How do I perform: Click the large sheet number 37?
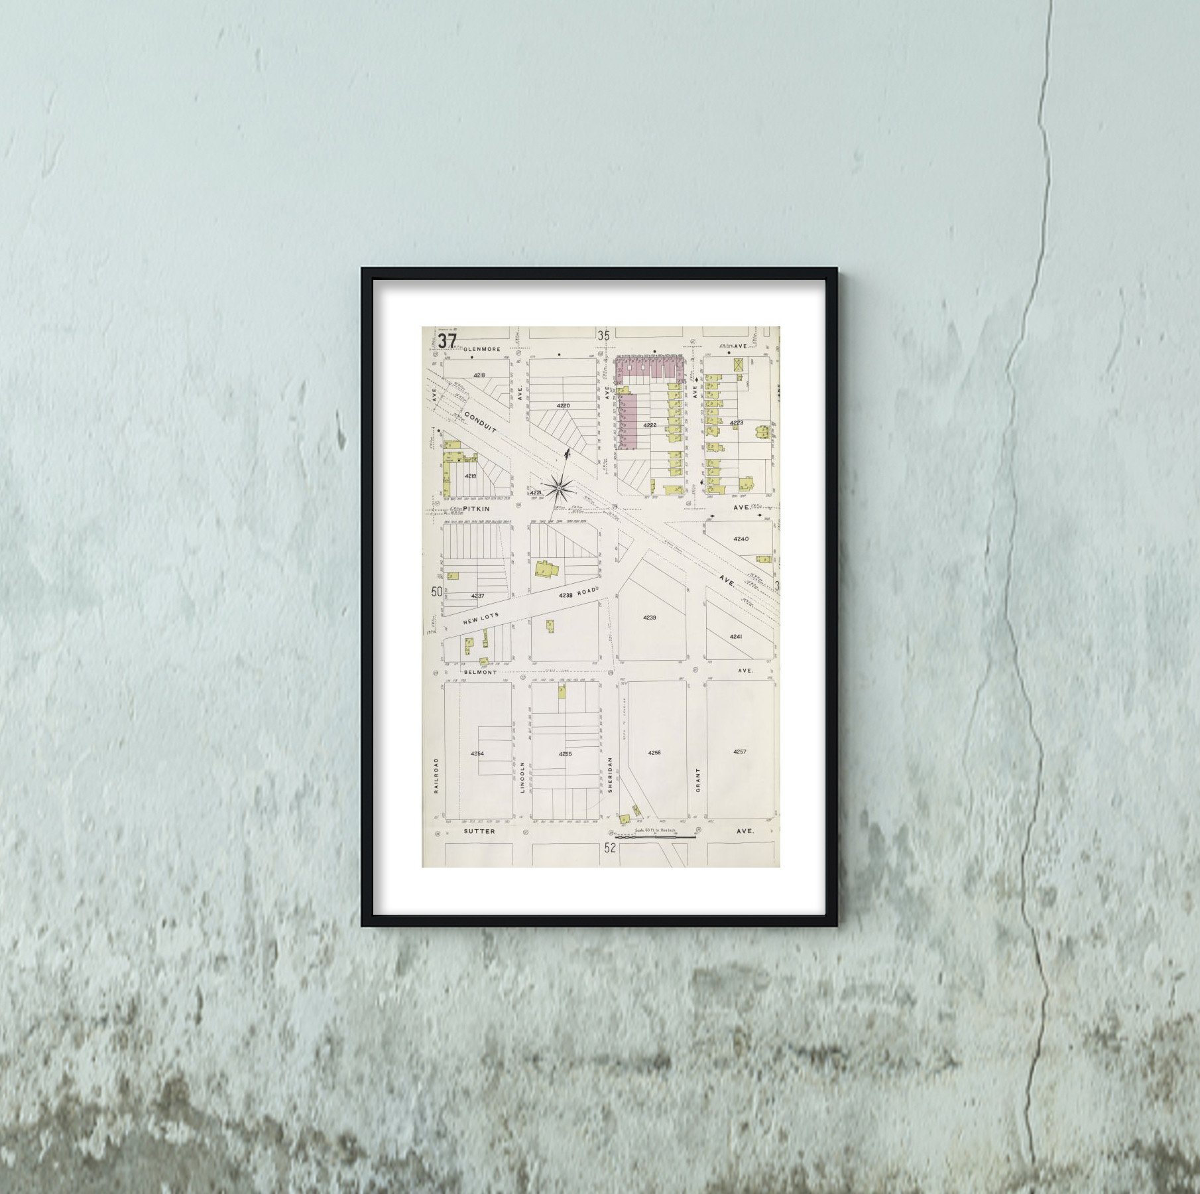(x=447, y=341)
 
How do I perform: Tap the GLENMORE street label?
(x=482, y=348)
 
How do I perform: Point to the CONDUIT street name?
(x=480, y=421)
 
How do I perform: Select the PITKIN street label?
(x=476, y=508)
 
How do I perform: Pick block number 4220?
(x=563, y=405)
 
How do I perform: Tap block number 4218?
(x=479, y=375)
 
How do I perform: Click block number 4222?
(x=650, y=425)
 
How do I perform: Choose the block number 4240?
(x=741, y=539)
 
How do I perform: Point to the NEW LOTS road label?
(x=481, y=618)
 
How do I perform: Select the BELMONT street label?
(x=480, y=672)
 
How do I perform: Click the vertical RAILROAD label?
(x=436, y=775)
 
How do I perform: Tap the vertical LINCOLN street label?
(x=522, y=777)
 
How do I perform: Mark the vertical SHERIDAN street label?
(x=609, y=774)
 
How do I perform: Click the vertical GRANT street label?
(x=697, y=780)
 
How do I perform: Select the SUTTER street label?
(x=479, y=830)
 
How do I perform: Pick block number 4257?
(x=740, y=752)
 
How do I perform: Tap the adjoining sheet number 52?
(x=610, y=847)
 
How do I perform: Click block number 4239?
(x=649, y=618)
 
